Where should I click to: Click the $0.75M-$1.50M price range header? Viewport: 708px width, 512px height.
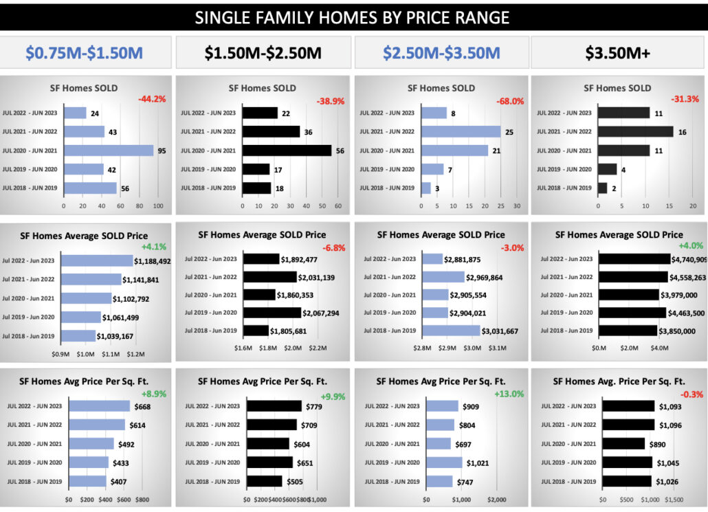point(85,53)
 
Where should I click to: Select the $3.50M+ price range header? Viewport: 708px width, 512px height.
point(619,53)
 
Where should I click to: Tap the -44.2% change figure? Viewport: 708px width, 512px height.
point(152,99)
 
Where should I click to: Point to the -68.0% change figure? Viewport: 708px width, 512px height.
point(510,101)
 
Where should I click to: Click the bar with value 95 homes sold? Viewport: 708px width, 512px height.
point(109,151)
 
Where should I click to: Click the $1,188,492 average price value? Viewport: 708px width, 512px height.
point(153,261)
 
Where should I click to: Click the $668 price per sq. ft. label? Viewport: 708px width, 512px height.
point(142,406)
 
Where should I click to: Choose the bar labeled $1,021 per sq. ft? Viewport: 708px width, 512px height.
point(444,463)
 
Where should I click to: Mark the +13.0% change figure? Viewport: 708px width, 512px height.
point(509,394)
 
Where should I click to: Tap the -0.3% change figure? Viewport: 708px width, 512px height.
point(687,394)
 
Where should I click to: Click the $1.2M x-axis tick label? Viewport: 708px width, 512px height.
point(135,354)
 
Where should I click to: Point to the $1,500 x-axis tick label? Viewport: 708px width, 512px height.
point(674,500)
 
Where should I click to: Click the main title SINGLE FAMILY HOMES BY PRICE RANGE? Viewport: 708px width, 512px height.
point(353,17)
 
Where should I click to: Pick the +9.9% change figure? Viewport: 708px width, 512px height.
point(333,397)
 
